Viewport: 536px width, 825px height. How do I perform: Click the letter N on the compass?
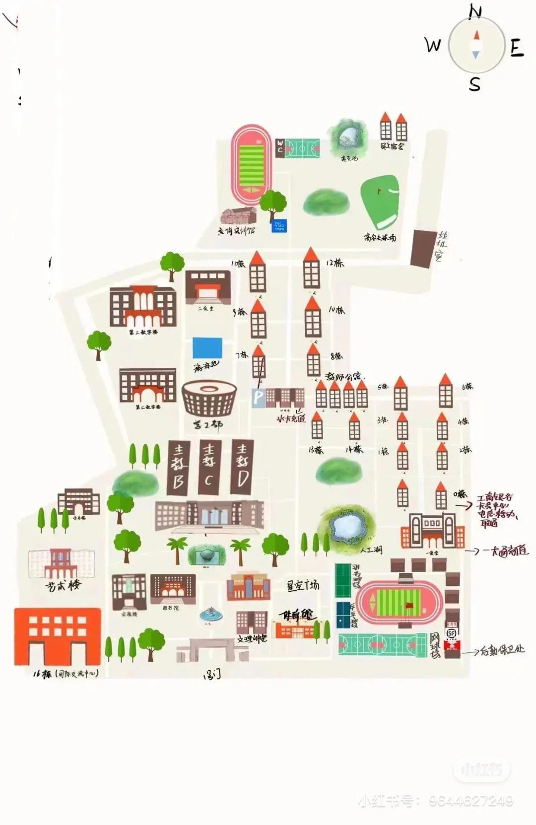[475, 11]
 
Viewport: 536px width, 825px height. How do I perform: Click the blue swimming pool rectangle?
[207, 347]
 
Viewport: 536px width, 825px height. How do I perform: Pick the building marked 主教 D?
[243, 467]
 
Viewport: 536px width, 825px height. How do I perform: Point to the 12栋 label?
[335, 263]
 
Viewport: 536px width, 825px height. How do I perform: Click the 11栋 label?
[238, 264]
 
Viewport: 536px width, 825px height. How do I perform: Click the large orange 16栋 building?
[57, 636]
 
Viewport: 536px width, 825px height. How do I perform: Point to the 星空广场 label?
[303, 586]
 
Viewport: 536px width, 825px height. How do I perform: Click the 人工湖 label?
[371, 550]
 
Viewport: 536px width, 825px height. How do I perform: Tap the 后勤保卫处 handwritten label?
[502, 650]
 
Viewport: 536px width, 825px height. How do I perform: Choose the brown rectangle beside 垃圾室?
[423, 249]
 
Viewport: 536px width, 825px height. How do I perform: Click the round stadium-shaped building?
[209, 400]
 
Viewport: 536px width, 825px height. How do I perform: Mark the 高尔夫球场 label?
[380, 237]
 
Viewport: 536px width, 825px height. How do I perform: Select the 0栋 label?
[460, 494]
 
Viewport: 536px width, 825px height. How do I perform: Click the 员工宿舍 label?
[392, 146]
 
